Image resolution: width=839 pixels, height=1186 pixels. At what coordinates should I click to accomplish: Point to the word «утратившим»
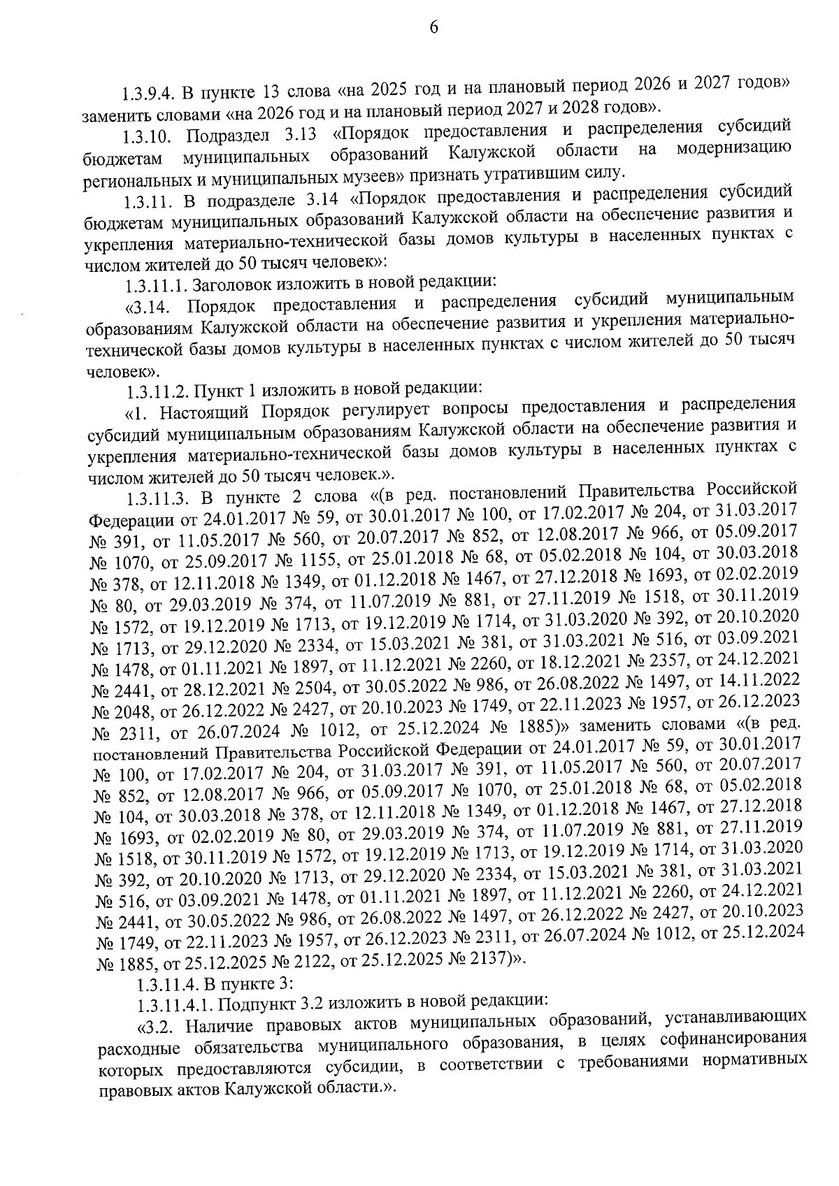point(531,171)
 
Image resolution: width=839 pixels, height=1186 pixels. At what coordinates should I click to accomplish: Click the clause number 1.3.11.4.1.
point(177,1006)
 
